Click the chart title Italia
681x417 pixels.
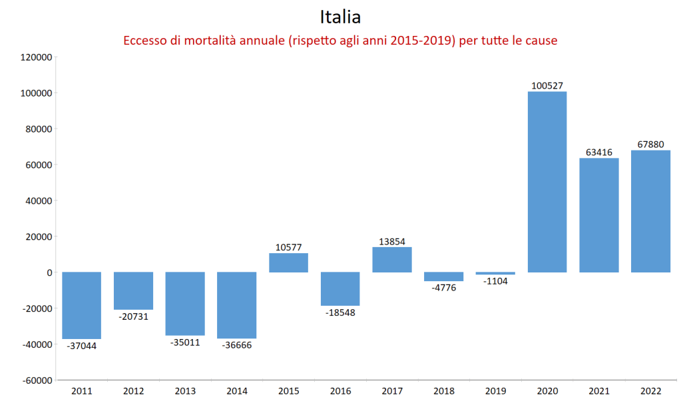[340, 16]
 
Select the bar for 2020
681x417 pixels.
[547, 182]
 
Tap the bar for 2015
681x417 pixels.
[288, 262]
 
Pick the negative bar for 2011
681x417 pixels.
[82, 305]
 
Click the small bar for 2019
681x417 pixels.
[495, 273]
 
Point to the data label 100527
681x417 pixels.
[547, 85]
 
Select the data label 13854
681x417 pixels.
[392, 242]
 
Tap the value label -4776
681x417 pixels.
[443, 288]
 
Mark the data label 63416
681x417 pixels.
[598, 152]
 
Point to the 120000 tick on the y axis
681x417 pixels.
[37, 57]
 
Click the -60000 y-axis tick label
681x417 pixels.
[37, 380]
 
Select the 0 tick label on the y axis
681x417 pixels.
[49, 272]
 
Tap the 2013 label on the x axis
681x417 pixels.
[185, 392]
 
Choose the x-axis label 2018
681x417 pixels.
[443, 392]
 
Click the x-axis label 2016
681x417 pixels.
[340, 392]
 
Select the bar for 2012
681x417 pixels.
[133, 290]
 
